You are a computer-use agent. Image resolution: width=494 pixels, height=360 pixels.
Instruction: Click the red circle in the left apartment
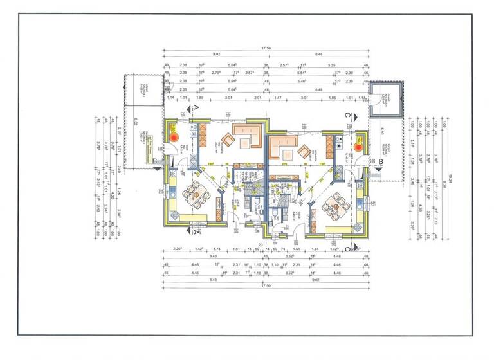click(174, 136)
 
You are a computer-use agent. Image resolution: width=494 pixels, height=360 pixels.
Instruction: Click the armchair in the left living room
click(230, 141)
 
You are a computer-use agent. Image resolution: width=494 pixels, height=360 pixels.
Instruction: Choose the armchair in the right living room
click(302, 152)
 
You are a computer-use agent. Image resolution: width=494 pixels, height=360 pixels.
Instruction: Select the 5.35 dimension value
click(332, 65)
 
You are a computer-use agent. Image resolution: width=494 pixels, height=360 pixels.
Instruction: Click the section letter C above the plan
click(348, 114)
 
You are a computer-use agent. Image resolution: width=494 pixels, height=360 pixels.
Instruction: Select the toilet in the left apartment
click(255, 204)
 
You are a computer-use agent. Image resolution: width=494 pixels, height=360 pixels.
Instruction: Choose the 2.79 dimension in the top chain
click(217, 74)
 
